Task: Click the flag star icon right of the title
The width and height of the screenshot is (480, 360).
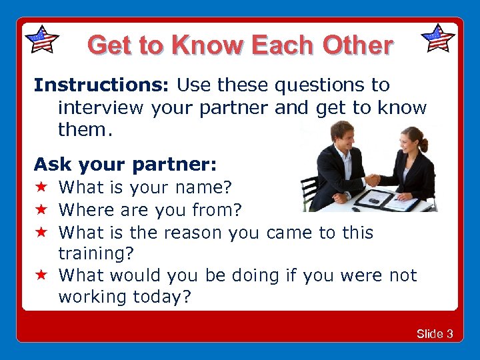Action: [438, 38]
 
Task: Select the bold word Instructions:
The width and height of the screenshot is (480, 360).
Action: [103, 85]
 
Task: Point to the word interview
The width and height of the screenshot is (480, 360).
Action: [100, 107]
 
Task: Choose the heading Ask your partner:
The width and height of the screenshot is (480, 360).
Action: [125, 164]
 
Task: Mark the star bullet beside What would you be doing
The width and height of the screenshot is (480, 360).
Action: [41, 275]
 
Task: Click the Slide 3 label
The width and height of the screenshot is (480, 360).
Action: [435, 333]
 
